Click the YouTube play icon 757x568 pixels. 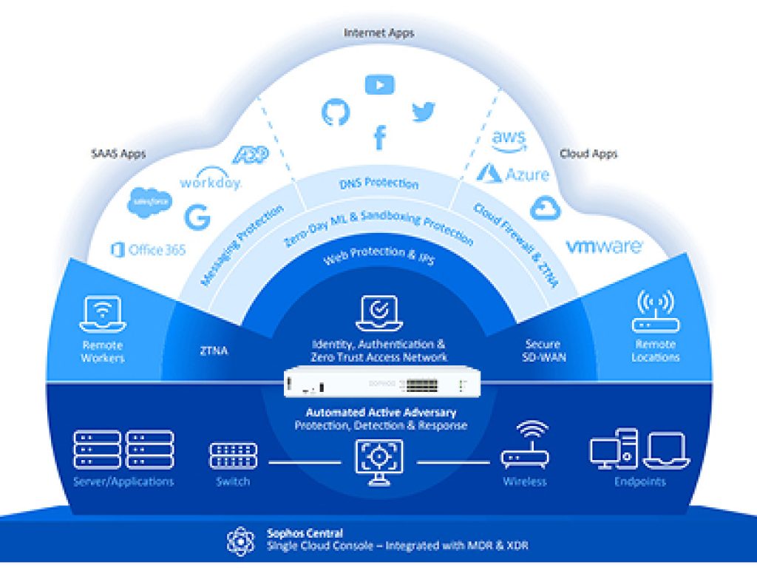coord(379,85)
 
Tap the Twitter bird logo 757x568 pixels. coord(424,112)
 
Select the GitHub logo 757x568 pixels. coord(335,111)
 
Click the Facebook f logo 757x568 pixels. coord(379,137)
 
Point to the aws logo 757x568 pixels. coord(509,141)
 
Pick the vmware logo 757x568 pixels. coord(604,246)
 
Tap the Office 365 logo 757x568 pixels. coord(148,250)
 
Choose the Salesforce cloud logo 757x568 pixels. coord(150,202)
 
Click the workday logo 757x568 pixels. coord(211,180)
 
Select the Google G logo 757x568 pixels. coord(197,217)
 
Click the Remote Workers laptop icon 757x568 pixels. coord(103,314)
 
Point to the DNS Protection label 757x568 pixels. coord(379,183)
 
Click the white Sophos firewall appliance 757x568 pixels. coord(383,384)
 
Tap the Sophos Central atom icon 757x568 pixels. coord(241,541)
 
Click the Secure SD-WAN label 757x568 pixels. coord(543,351)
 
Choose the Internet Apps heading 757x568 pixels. coord(379,33)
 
